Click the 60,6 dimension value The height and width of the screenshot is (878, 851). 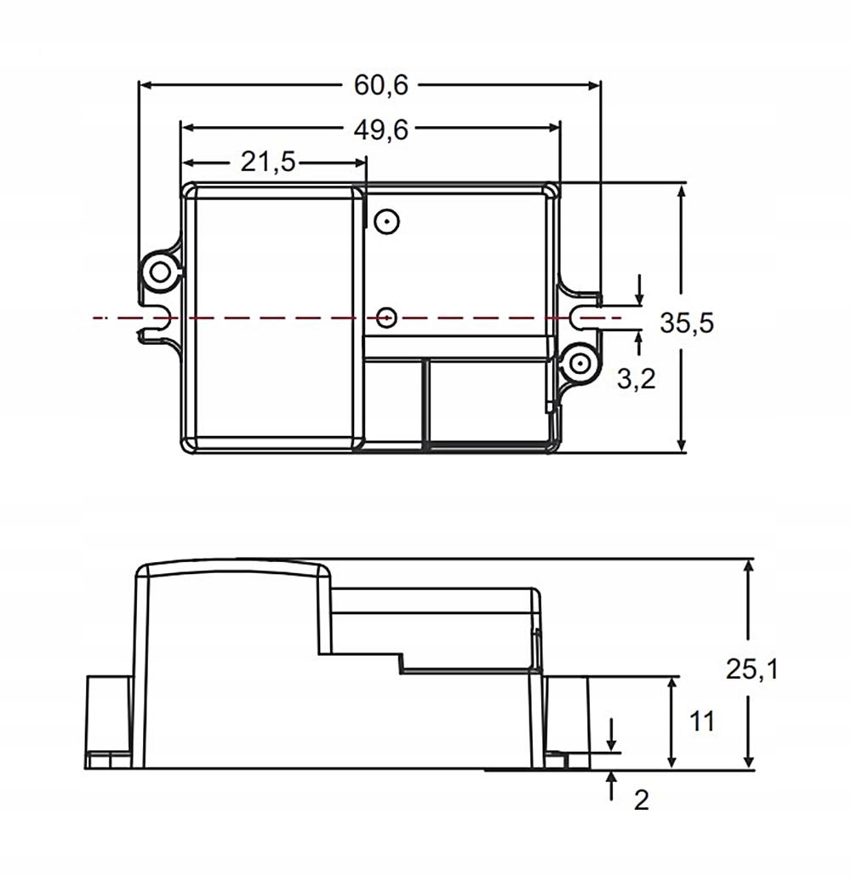point(381,85)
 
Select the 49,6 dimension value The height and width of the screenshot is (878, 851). point(381,129)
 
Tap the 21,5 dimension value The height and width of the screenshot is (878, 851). point(267,162)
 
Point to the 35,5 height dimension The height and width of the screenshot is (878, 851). point(687,324)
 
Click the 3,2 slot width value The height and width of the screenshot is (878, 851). point(636,379)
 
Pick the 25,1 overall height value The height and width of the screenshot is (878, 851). point(751,669)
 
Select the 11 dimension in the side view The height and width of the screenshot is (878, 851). point(701,722)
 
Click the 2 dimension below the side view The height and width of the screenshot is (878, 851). point(642,800)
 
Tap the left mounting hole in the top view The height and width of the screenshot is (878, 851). point(158,272)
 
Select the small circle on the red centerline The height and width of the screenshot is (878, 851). point(386,318)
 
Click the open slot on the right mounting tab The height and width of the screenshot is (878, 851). point(586,317)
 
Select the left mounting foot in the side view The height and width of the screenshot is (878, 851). point(108,721)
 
